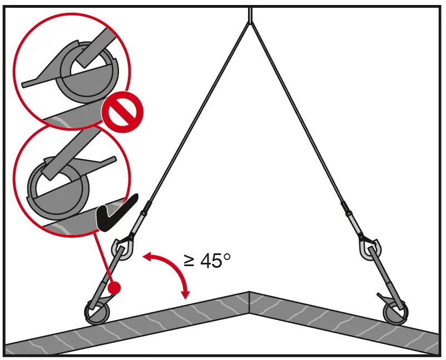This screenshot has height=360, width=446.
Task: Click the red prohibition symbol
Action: pos(122,112)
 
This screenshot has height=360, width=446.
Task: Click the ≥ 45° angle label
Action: pos(207,260)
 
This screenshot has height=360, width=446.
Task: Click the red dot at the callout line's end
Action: pos(114,288)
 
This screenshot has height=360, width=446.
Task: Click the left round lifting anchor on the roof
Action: pos(97,312)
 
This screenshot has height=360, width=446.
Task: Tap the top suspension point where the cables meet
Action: pos(250,20)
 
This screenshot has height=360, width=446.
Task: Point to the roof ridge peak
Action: pos(249,292)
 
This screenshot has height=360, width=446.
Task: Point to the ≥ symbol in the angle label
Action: pos(189,261)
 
